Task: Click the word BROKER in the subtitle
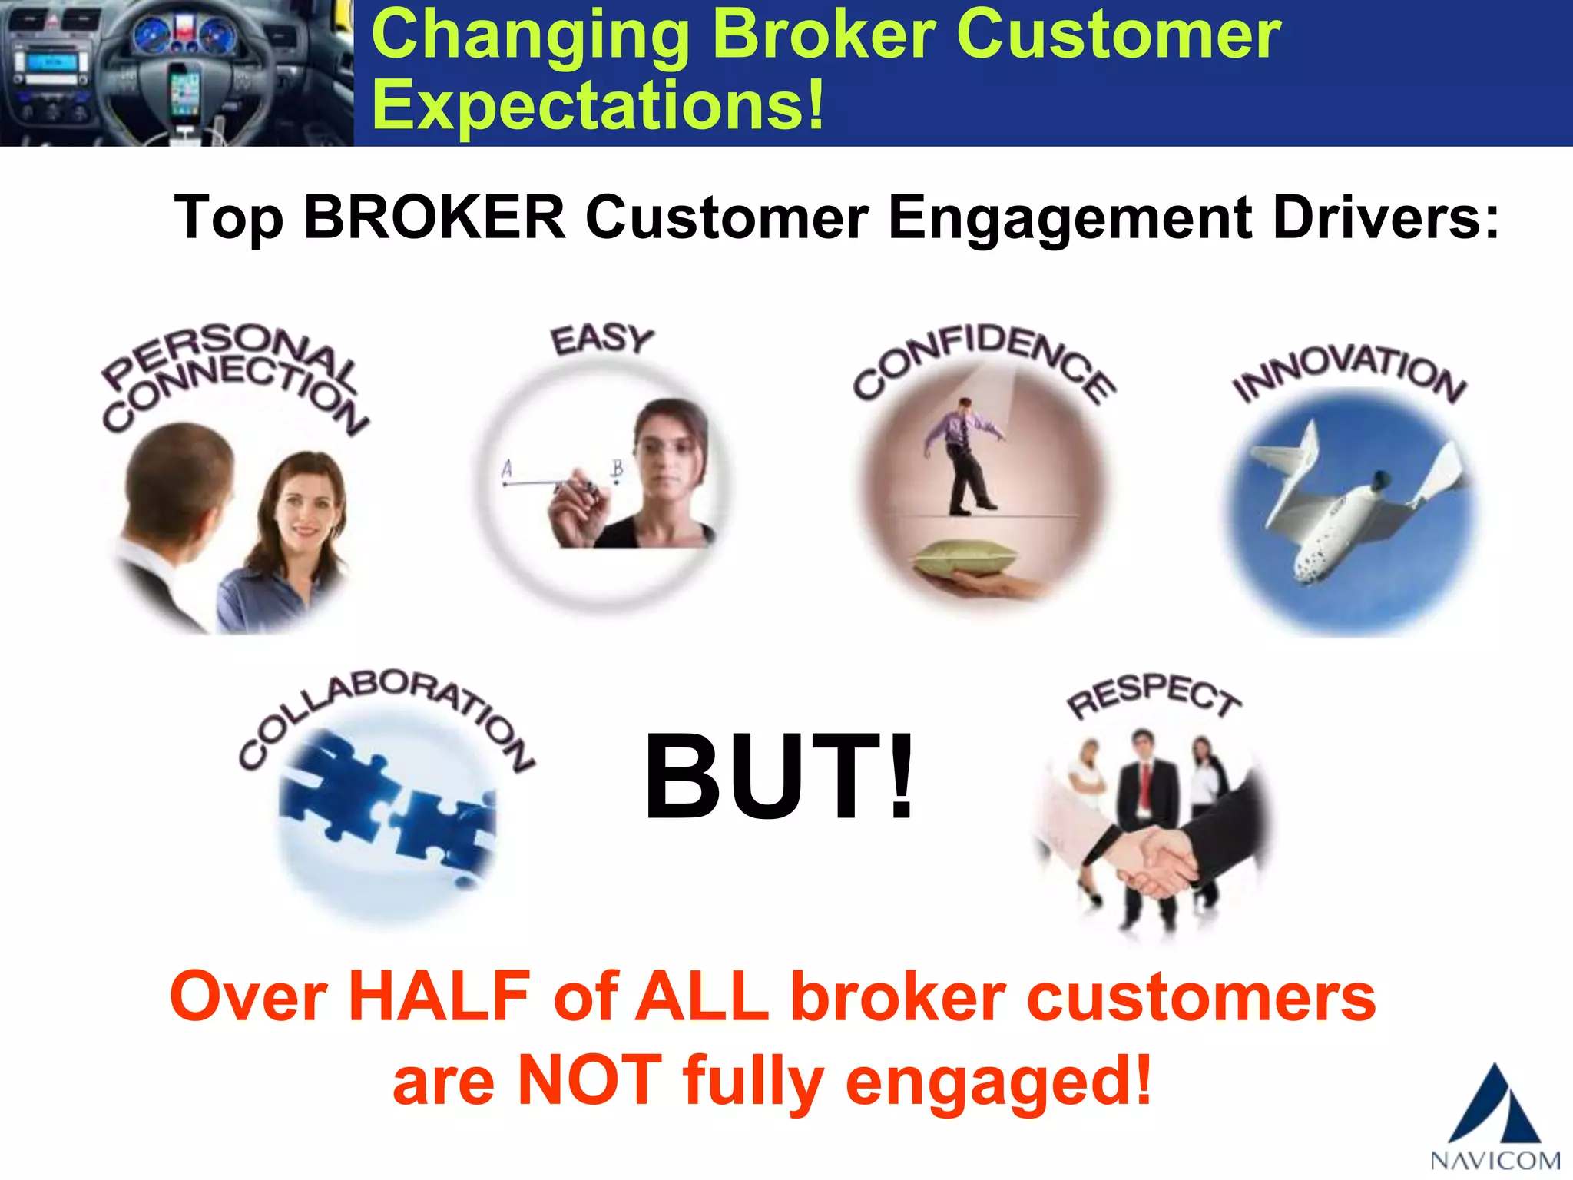coord(434,218)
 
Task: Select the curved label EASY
coord(601,340)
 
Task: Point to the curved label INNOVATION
coord(1349,372)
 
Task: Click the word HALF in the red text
coord(439,996)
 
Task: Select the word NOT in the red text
coord(589,1079)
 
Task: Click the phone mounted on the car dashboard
coord(184,92)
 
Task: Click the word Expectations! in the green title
coord(598,105)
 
